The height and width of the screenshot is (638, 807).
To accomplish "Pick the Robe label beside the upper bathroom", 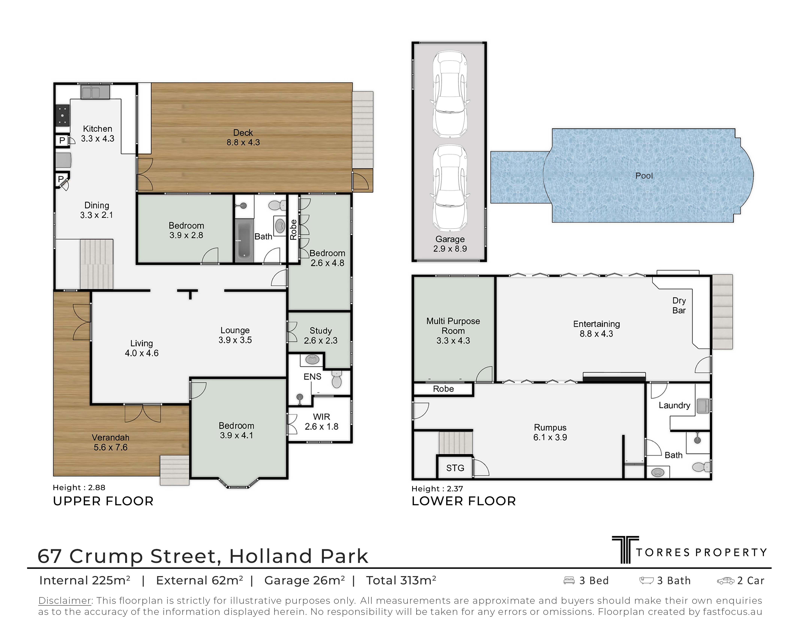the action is click(x=293, y=229).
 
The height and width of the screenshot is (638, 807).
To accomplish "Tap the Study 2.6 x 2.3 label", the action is click(x=321, y=335).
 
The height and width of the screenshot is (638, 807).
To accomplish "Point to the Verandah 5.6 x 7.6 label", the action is click(x=111, y=442).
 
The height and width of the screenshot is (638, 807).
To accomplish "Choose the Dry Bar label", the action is click(x=679, y=306).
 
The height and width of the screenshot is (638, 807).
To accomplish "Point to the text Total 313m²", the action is click(x=401, y=580).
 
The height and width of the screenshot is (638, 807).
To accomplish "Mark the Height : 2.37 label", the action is click(x=437, y=489).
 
